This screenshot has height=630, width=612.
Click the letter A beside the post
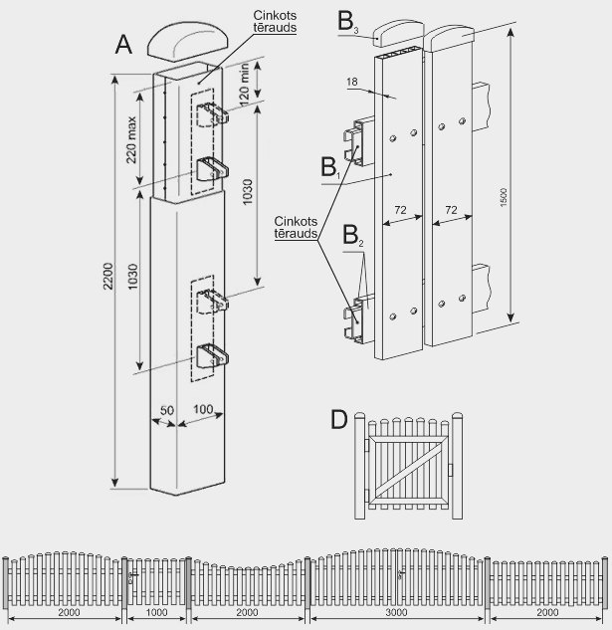pos(124,44)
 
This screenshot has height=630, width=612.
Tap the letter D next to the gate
pos(339,419)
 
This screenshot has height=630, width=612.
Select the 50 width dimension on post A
pos(165,410)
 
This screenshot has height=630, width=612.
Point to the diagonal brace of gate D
pos(406,464)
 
